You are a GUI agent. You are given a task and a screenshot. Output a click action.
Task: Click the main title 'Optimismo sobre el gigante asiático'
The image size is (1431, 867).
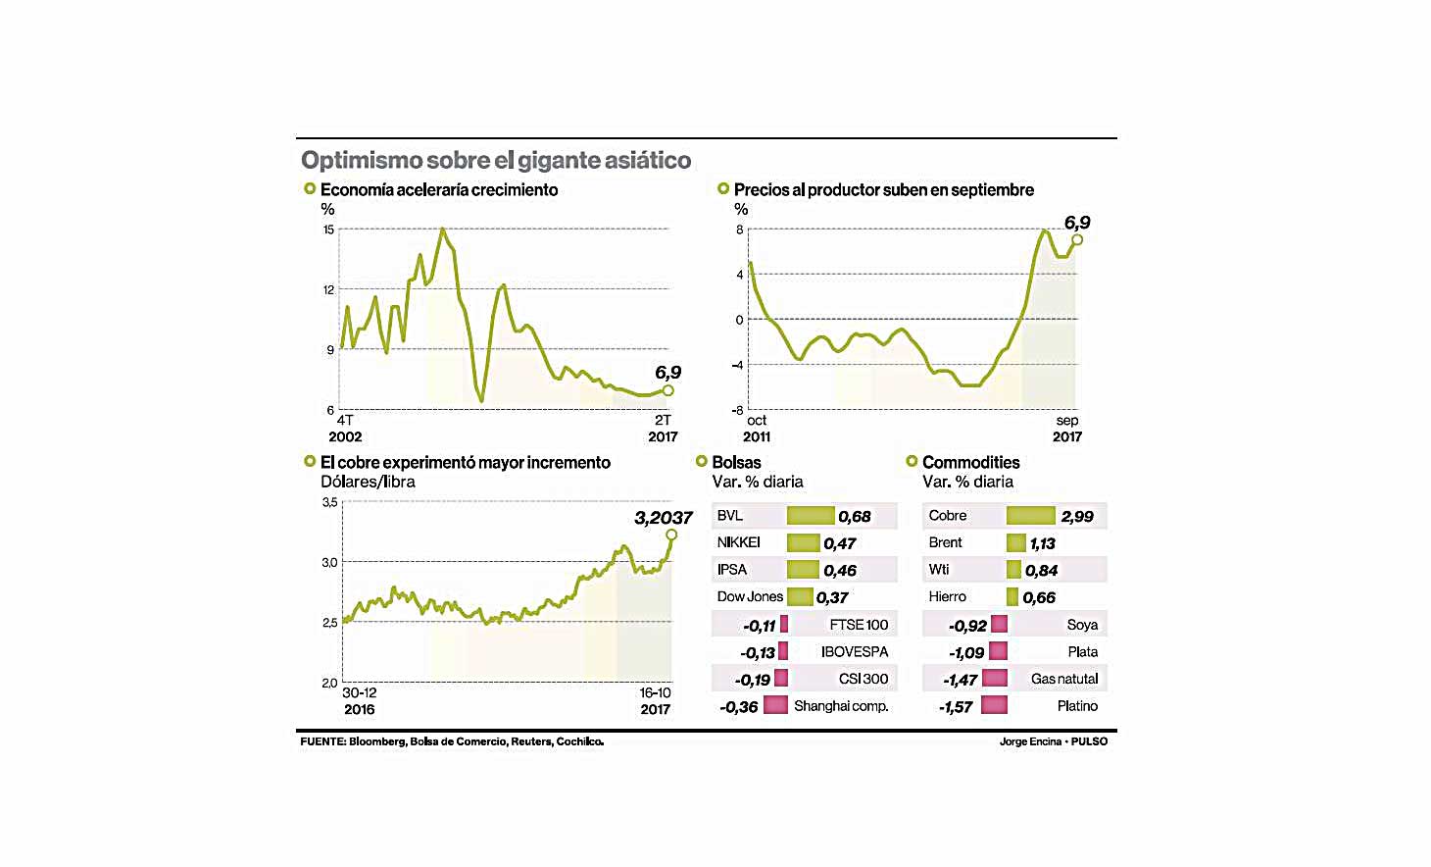click(496, 160)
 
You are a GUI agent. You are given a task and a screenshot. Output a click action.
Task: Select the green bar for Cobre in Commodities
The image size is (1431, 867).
click(1030, 516)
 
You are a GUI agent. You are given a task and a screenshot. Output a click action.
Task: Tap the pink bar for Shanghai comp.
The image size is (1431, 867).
click(775, 705)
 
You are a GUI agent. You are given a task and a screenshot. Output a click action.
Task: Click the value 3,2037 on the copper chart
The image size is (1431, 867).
click(663, 518)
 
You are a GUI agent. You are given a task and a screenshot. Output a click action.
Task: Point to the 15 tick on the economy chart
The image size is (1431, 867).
click(328, 229)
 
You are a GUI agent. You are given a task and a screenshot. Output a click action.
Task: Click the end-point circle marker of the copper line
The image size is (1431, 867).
click(671, 535)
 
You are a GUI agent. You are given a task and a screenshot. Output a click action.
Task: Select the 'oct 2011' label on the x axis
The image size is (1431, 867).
click(757, 429)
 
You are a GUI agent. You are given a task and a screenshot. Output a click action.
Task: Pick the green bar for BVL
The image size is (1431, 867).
click(811, 516)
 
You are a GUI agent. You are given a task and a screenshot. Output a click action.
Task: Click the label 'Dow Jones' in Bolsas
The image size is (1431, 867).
click(750, 596)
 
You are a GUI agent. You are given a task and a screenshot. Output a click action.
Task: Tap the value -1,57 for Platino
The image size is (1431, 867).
click(956, 707)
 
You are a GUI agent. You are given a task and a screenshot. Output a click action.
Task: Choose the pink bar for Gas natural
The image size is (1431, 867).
click(995, 678)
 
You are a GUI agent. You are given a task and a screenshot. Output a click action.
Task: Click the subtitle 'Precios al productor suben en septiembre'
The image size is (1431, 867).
click(883, 189)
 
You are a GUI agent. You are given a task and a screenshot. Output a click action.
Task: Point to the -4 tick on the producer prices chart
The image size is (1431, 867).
click(738, 365)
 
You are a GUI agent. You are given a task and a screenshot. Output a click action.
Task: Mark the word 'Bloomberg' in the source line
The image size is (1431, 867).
click(376, 741)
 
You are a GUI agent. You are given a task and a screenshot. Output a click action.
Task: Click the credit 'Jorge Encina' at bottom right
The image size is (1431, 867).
click(1030, 741)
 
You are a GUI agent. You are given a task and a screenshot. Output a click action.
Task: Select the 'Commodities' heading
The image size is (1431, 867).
click(970, 462)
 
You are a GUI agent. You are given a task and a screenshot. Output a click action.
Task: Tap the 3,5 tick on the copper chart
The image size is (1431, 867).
click(329, 502)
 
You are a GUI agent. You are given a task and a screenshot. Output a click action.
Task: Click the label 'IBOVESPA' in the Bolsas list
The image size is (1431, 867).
click(855, 651)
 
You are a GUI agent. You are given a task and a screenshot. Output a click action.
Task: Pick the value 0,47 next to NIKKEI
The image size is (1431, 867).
click(839, 543)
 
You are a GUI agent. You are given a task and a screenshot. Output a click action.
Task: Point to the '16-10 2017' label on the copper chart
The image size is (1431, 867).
click(655, 701)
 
